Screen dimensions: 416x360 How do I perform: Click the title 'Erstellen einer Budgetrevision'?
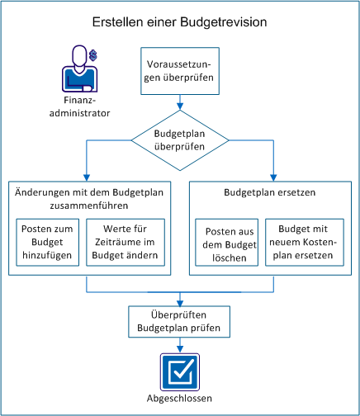click(179, 21)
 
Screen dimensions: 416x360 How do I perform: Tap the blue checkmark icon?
click(179, 368)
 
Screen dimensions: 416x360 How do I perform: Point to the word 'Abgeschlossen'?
click(179, 399)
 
